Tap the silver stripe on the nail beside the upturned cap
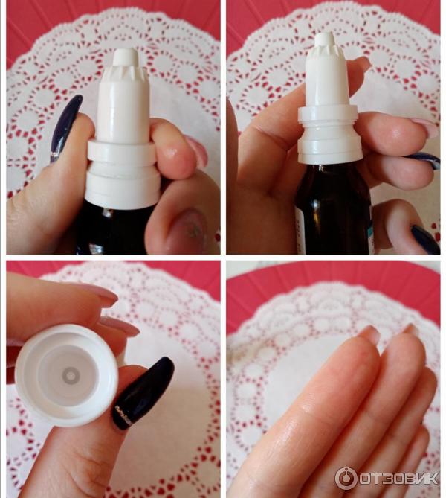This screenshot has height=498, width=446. pyautogui.click(x=123, y=414)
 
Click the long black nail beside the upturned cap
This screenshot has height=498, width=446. pyautogui.click(x=143, y=393)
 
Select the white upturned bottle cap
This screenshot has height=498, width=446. pyautogui.click(x=67, y=375)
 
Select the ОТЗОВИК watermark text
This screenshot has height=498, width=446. pyautogui.click(x=398, y=478)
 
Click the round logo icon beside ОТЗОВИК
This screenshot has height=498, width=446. pyautogui.click(x=346, y=478)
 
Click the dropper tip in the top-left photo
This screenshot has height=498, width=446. pyautogui.click(x=125, y=57)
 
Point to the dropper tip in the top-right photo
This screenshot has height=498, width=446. pyautogui.click(x=326, y=39)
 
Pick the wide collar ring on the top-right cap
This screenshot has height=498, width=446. pyautogui.click(x=327, y=115)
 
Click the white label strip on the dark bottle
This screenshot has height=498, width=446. pyautogui.click(x=298, y=228)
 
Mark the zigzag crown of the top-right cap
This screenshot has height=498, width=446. pyautogui.click(x=326, y=52)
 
